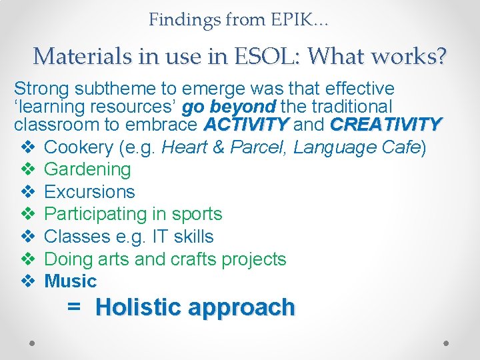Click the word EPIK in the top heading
click(291, 20)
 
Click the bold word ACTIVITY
click(247, 125)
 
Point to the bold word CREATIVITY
click(386, 125)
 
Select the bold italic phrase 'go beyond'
click(229, 107)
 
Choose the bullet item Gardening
click(87, 169)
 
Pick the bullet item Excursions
click(89, 192)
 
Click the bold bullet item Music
click(70, 281)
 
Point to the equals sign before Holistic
click(74, 307)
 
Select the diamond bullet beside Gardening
click(27, 169)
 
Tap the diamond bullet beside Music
click(27, 281)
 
